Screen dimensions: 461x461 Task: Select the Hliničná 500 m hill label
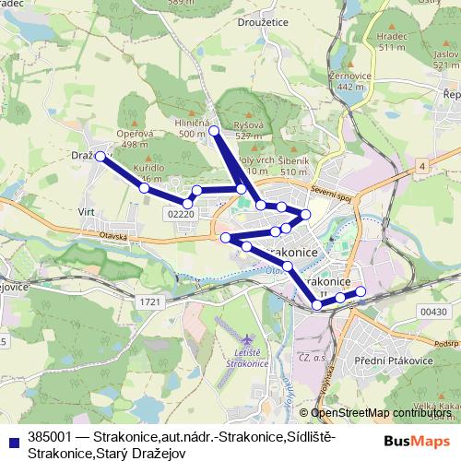point(193,128)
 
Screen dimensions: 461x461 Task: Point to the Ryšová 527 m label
point(250,129)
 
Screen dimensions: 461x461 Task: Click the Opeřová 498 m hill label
point(135,138)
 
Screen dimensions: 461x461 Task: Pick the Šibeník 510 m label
point(292,166)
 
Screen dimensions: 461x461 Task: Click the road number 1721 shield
point(151,301)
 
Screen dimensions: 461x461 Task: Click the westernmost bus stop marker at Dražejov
point(100,157)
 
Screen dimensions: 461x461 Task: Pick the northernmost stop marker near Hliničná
point(214,132)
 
